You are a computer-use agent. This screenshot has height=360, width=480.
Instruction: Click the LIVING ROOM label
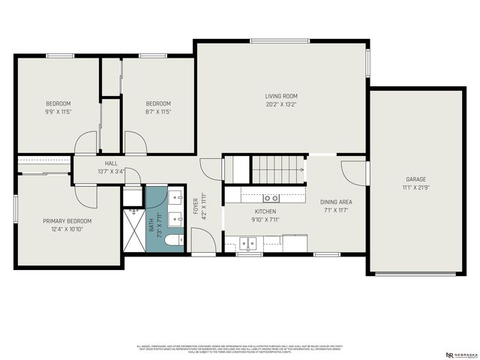(281, 96)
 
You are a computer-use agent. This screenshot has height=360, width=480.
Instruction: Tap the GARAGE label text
(416, 179)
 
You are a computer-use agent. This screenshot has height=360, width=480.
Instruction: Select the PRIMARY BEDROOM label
(67, 221)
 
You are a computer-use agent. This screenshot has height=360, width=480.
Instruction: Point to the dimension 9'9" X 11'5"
(58, 112)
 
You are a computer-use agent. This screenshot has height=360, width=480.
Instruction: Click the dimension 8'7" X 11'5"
(158, 112)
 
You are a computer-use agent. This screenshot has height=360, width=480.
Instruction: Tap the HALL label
(111, 163)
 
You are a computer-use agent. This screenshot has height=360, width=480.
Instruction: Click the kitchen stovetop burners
(271, 198)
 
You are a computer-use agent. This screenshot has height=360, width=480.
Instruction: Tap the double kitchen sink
(248, 242)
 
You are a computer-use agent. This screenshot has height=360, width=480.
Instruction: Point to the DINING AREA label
(336, 202)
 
